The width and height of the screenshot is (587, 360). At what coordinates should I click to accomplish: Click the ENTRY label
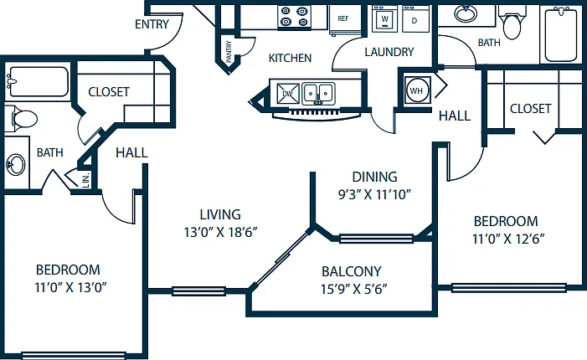click(x=152, y=24)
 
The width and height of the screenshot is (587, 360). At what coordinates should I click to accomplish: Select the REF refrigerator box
click(x=344, y=19)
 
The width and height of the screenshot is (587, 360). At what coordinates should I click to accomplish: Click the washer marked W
click(x=385, y=18)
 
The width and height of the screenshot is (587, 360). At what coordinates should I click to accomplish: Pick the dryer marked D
click(x=415, y=19)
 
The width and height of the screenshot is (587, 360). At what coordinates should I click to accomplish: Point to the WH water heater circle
click(x=416, y=90)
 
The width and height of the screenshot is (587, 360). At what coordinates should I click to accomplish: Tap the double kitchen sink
click(x=318, y=93)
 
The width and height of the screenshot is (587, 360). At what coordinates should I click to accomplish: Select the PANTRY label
click(x=229, y=51)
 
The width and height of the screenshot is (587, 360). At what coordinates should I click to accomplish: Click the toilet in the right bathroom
click(x=512, y=23)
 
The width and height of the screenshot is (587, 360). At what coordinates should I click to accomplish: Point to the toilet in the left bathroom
click(x=21, y=119)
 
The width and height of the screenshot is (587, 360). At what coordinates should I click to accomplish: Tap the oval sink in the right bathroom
click(x=466, y=14)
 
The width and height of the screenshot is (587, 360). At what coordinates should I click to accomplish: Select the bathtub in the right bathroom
click(x=560, y=34)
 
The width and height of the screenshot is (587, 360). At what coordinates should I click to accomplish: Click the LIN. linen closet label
click(x=86, y=180)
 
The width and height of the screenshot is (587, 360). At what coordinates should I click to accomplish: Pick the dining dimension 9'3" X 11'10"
click(x=374, y=194)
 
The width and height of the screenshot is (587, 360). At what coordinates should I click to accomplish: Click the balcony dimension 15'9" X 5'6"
click(x=353, y=289)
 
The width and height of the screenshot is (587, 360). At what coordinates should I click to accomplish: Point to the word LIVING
click(x=220, y=214)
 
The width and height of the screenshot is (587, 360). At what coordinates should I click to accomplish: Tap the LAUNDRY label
click(x=389, y=52)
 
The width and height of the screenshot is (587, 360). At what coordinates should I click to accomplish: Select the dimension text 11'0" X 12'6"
click(x=508, y=239)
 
